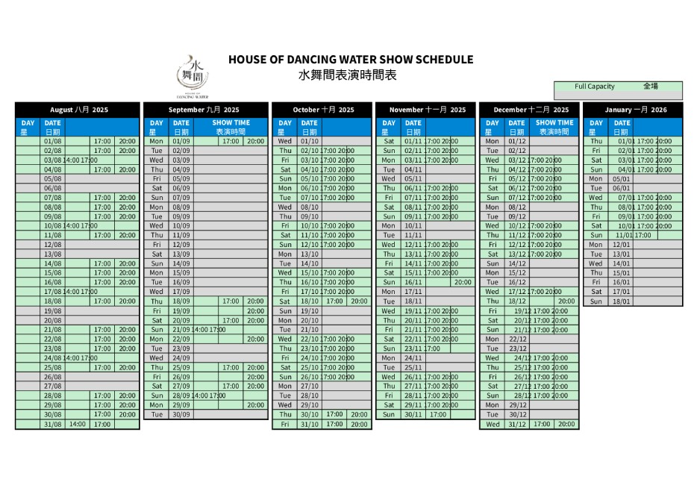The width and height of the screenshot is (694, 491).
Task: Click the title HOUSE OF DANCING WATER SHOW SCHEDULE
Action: pos(350,60)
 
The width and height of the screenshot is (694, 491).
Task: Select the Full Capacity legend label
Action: pos(595,87)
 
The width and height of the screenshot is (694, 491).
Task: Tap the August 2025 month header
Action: pos(78,110)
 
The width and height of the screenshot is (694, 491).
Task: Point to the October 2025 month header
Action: pos(322,110)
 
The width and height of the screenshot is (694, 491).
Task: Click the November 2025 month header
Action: pos(426,110)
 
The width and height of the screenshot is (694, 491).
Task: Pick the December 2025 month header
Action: pos(530,110)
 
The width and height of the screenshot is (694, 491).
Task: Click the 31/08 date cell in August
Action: pos(53,425)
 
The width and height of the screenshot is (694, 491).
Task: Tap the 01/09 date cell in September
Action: pos(181,141)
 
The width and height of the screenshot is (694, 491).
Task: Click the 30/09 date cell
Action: pos(181,415)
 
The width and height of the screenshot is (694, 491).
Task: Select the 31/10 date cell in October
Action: pos(310,425)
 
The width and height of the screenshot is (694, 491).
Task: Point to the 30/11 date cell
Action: pos(413,415)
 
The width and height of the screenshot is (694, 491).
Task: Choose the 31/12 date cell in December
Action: pos(516,425)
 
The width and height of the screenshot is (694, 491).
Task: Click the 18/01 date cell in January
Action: pos(621,301)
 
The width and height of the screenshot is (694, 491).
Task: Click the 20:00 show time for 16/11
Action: pos(462,283)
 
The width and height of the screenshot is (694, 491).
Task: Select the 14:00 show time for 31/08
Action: pos(78,425)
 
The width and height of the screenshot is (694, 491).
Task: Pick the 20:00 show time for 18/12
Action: pos(566,301)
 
